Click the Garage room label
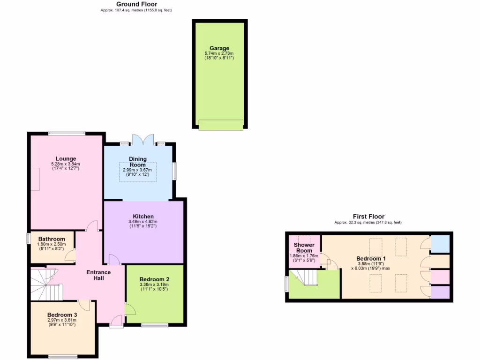[x=219, y=48]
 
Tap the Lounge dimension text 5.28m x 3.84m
[x=66, y=164]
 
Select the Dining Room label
[x=138, y=162]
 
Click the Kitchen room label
[x=143, y=216]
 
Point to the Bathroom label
[x=52, y=239]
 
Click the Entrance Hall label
[x=98, y=275]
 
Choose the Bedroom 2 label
[x=154, y=279]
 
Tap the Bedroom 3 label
[x=62, y=315]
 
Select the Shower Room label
[x=304, y=247]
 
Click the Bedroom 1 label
[x=371, y=259]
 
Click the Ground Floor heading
[x=136, y=4]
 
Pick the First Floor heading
[x=368, y=216]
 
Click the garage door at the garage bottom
[x=221, y=124]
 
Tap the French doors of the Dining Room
[x=142, y=140]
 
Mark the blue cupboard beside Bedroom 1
[x=440, y=243]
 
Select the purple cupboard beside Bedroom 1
[x=440, y=292]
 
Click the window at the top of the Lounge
[x=66, y=133]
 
